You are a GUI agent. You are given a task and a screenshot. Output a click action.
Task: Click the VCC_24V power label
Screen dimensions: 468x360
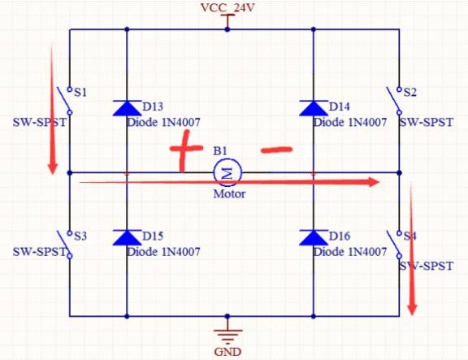(x=227, y=7)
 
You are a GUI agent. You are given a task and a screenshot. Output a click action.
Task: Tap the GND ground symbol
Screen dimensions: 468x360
(x=227, y=335)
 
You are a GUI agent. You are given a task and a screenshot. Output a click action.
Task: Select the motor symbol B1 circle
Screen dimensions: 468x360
(x=227, y=173)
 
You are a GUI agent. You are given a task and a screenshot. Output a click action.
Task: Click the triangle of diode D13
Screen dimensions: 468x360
(x=127, y=108)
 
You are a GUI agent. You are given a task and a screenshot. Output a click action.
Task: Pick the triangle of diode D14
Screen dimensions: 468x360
(x=314, y=108)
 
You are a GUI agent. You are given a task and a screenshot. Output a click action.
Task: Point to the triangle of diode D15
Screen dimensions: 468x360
(x=127, y=237)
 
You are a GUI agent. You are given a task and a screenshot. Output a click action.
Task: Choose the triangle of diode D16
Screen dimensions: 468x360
(x=314, y=237)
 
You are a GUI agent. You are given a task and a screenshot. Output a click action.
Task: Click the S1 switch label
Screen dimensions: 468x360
(x=80, y=93)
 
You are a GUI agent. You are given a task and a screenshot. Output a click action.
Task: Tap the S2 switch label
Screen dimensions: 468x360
(x=409, y=93)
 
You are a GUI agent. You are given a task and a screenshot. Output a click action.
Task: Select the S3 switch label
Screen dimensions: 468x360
(x=80, y=236)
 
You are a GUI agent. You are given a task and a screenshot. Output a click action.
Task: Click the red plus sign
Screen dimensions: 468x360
(x=185, y=151)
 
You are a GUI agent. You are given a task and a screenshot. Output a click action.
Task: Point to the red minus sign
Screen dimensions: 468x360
(x=276, y=150)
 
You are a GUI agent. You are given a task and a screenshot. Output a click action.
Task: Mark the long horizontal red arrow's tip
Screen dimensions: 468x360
(x=379, y=182)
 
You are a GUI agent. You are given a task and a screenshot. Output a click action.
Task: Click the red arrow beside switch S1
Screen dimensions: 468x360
(x=53, y=109)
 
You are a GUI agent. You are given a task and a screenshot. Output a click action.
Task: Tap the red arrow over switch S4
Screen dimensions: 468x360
(x=412, y=249)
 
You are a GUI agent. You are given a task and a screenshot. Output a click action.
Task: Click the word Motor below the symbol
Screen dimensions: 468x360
(x=229, y=194)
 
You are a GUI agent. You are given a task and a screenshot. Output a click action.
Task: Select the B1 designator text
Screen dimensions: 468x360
(x=220, y=151)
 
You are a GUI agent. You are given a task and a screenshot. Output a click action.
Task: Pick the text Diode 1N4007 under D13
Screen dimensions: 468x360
(x=163, y=123)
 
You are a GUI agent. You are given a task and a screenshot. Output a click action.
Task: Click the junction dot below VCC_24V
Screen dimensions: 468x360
(x=227, y=29)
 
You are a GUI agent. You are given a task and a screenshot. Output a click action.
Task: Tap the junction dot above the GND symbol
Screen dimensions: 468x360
(x=227, y=316)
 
